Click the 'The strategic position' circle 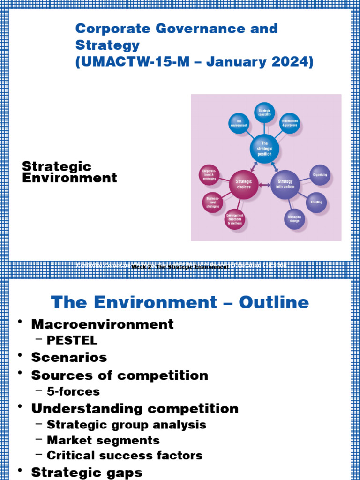[264, 149]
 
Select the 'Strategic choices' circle [244, 184]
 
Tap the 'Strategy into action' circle [285, 184]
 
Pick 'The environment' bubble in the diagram [239, 123]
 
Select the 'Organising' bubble [320, 175]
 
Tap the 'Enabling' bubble [316, 202]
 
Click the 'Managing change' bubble [294, 218]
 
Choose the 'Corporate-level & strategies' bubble [209, 175]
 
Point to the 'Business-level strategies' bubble [212, 202]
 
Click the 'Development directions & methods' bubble [235, 219]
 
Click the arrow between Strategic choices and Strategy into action [264, 185]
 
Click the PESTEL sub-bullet [72, 340]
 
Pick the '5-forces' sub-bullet [73, 391]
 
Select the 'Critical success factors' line [125, 455]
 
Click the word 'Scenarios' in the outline [69, 357]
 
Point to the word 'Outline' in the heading [274, 302]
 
